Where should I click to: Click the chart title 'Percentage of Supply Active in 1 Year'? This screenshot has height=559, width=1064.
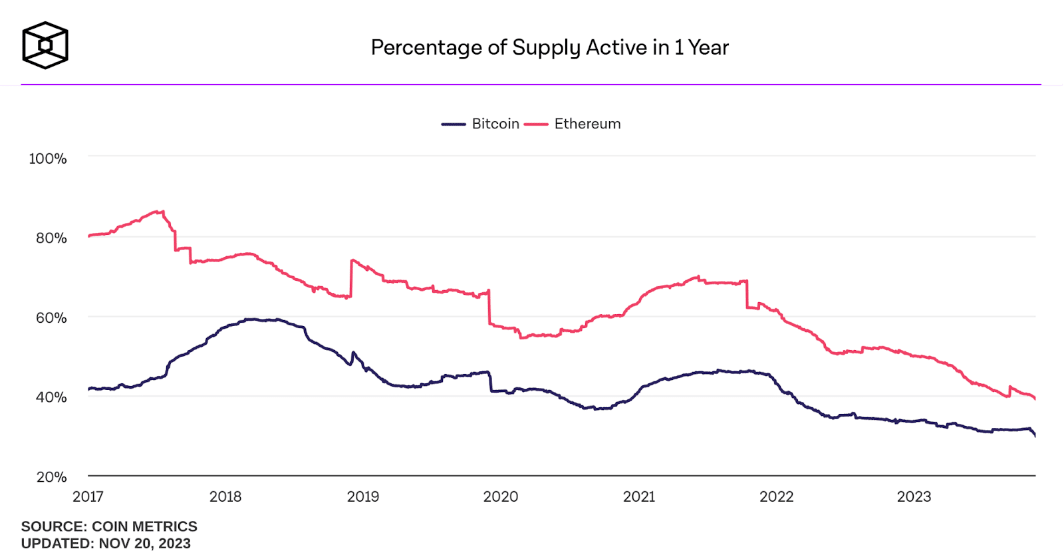pos(549,47)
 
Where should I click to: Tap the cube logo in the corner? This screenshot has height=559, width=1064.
pos(45,45)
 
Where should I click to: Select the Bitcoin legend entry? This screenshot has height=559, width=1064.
pos(481,124)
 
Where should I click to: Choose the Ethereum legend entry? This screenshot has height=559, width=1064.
pos(573,124)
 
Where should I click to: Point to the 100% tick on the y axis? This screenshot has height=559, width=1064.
pos(48,158)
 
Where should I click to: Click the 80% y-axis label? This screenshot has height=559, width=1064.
pos(51,238)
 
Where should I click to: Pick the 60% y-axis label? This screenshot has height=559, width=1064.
pos(51,317)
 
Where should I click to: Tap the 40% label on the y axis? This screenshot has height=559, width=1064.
pos(51,397)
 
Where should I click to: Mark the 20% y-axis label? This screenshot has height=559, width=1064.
pos(51,477)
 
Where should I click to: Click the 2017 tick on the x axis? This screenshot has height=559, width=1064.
pos(88,496)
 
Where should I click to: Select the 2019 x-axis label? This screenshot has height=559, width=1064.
pos(363,496)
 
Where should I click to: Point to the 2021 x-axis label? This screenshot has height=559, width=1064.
pos(639,496)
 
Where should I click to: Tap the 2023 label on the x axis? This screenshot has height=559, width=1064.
pos(914,496)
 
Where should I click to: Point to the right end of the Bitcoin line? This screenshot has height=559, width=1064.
pos(1035,435)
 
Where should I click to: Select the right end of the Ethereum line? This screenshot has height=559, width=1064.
pos(1035,398)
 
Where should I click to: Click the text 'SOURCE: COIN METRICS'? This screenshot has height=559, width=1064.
pos(109,526)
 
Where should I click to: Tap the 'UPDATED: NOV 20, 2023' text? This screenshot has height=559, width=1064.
pos(106,543)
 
